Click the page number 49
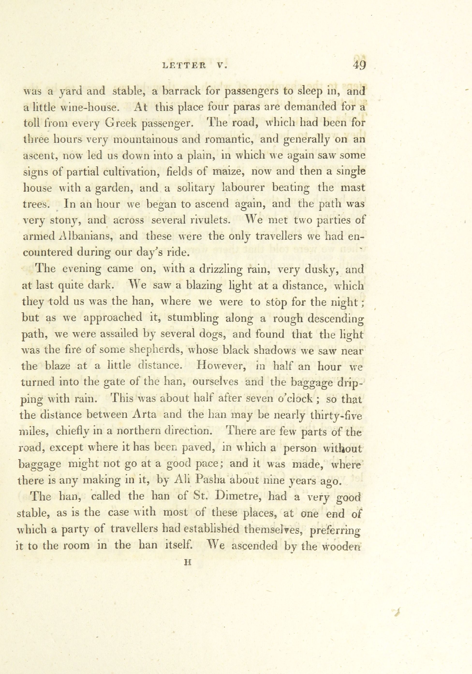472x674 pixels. point(359,65)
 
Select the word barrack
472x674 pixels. point(182,91)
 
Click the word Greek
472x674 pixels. point(121,123)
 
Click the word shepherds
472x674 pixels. point(161,350)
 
